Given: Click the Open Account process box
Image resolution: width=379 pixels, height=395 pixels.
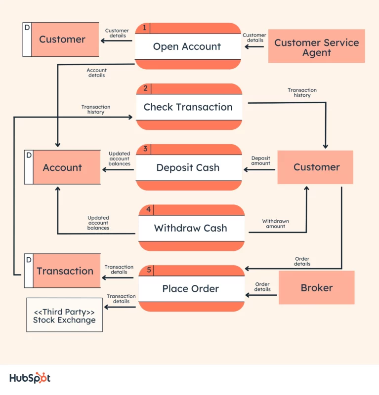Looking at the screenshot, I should point(187,46).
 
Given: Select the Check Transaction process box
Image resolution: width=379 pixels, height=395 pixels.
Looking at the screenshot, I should point(188,107).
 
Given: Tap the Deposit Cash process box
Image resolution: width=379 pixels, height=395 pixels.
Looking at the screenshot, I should point(188,167).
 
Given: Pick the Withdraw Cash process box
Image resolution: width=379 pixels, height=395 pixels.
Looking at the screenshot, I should point(191,228).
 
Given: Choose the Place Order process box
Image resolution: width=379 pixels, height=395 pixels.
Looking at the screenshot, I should point(191,288).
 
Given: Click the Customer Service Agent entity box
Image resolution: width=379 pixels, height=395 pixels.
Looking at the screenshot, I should point(316,46).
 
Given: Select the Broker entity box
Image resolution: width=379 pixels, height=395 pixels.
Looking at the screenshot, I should point(316,287).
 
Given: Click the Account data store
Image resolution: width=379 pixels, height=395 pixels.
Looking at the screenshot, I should point(62,168).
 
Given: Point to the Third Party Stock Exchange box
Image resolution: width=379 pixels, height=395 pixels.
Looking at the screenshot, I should point(64,315).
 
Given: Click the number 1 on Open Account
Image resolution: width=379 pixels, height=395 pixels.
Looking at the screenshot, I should point(144,28).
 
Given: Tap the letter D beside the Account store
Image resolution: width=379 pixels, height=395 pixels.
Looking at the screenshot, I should point(29,156).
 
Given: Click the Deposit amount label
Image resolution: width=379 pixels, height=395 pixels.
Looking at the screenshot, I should point(260,160).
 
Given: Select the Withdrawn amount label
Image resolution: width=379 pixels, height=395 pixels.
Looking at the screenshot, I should point(275,224).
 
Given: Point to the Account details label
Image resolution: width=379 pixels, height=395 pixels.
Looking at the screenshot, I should point(96,73).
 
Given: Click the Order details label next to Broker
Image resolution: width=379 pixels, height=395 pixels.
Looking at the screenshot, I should point(262,287).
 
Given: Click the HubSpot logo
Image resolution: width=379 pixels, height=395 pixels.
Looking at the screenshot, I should point(30,378).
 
